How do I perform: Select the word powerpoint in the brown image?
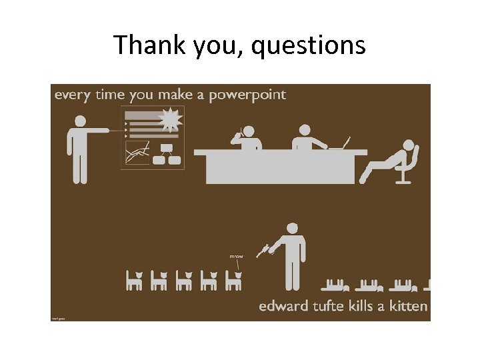(247, 95)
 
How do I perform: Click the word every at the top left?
(72, 95)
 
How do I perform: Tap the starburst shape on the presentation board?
(170, 120)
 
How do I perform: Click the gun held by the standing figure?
(265, 250)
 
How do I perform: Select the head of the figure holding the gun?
(291, 228)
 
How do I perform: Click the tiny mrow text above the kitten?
(236, 257)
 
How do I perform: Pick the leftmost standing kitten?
(135, 281)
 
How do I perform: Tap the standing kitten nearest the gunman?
(233, 281)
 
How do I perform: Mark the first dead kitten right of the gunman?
(335, 286)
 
